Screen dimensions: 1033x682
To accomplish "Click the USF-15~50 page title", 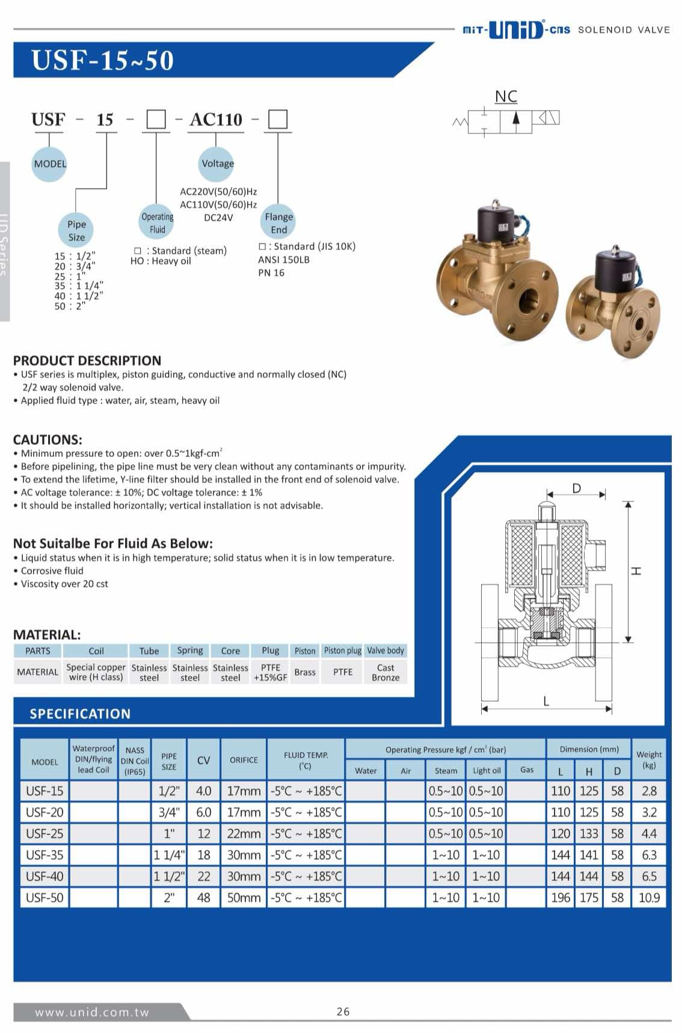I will (102, 61).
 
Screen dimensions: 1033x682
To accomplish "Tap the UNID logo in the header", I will (516, 29).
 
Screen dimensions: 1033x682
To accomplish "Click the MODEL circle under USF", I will (50, 164).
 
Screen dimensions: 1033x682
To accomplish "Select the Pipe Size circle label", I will (76, 230).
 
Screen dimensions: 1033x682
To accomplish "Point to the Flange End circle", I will (278, 222).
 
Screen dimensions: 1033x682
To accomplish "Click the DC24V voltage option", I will (218, 218).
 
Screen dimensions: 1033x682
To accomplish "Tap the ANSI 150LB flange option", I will (284, 260).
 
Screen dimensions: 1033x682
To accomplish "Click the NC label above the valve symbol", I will (506, 96).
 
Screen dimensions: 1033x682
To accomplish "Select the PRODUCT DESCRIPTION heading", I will (87, 361).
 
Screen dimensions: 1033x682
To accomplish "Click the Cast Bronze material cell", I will (386, 672).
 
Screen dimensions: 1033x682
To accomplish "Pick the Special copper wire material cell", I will (96, 672).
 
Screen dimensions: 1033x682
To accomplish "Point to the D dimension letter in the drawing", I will (576, 488).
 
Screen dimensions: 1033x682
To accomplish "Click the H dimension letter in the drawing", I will (636, 571).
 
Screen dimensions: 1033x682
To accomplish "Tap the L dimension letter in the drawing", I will (546, 700).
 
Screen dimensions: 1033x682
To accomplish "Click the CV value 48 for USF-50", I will (204, 898).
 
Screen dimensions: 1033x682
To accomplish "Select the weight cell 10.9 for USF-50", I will (649, 898).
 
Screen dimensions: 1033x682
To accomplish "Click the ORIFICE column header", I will (244, 760).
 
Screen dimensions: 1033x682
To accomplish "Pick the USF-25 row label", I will (45, 834).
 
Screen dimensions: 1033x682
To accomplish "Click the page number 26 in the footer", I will (343, 1011).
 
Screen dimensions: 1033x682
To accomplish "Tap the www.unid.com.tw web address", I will (91, 1012).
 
